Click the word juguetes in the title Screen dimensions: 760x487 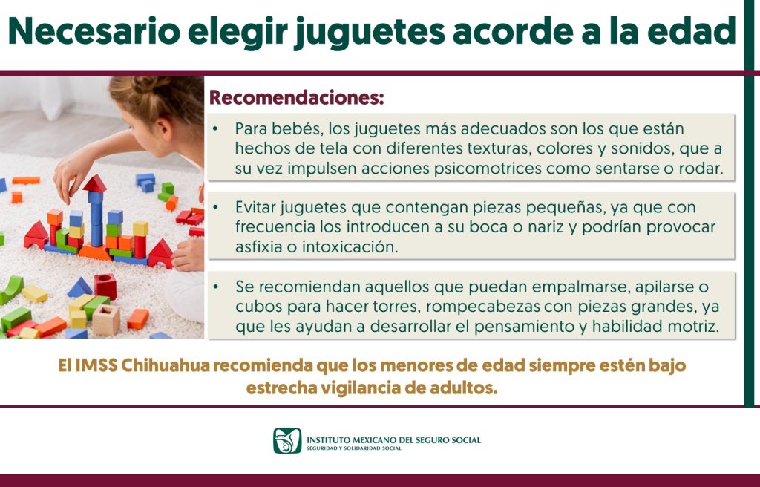pyautogui.click(x=370, y=32)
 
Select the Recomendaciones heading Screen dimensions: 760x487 pyautogui.click(x=297, y=97)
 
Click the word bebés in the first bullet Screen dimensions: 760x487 pyautogui.click(x=298, y=128)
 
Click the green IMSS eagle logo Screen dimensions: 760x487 pyautogui.click(x=287, y=440)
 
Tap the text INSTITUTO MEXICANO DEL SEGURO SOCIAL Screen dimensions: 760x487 pyautogui.click(x=393, y=440)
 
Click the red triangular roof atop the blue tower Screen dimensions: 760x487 pyautogui.click(x=95, y=184)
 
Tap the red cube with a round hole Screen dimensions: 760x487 pyautogui.click(x=105, y=285)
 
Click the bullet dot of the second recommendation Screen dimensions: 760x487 pyautogui.click(x=215, y=207)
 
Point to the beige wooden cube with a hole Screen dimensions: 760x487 pyautogui.click(x=106, y=320)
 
